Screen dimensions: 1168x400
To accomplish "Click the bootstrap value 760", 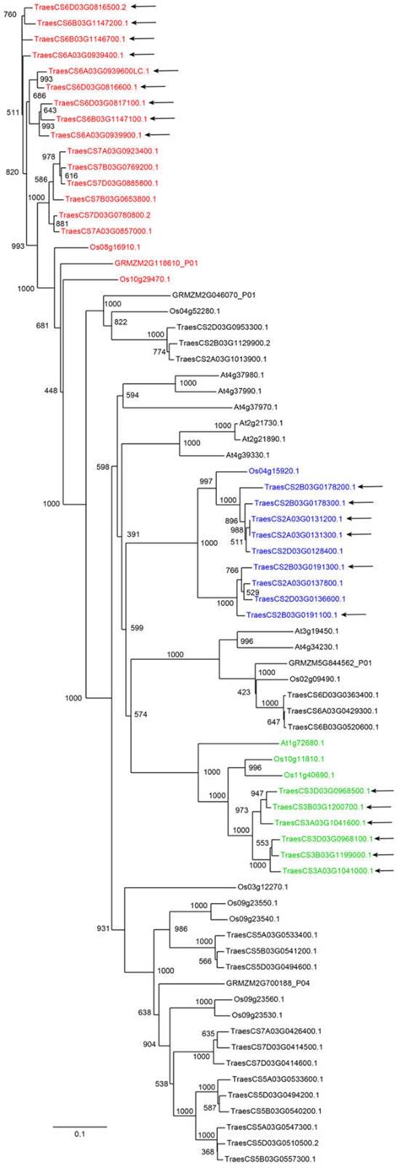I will (9, 14).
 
